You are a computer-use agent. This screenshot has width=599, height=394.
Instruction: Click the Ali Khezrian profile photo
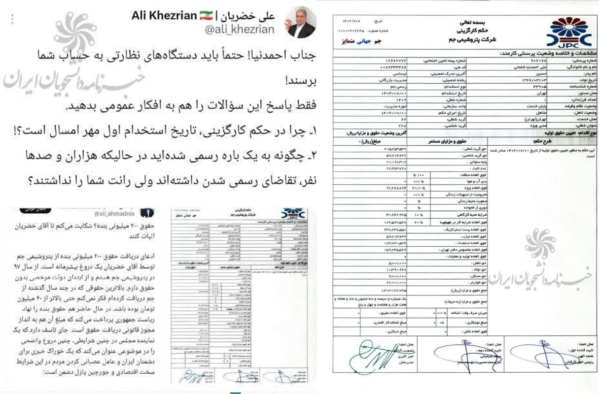click(x=301, y=23)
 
